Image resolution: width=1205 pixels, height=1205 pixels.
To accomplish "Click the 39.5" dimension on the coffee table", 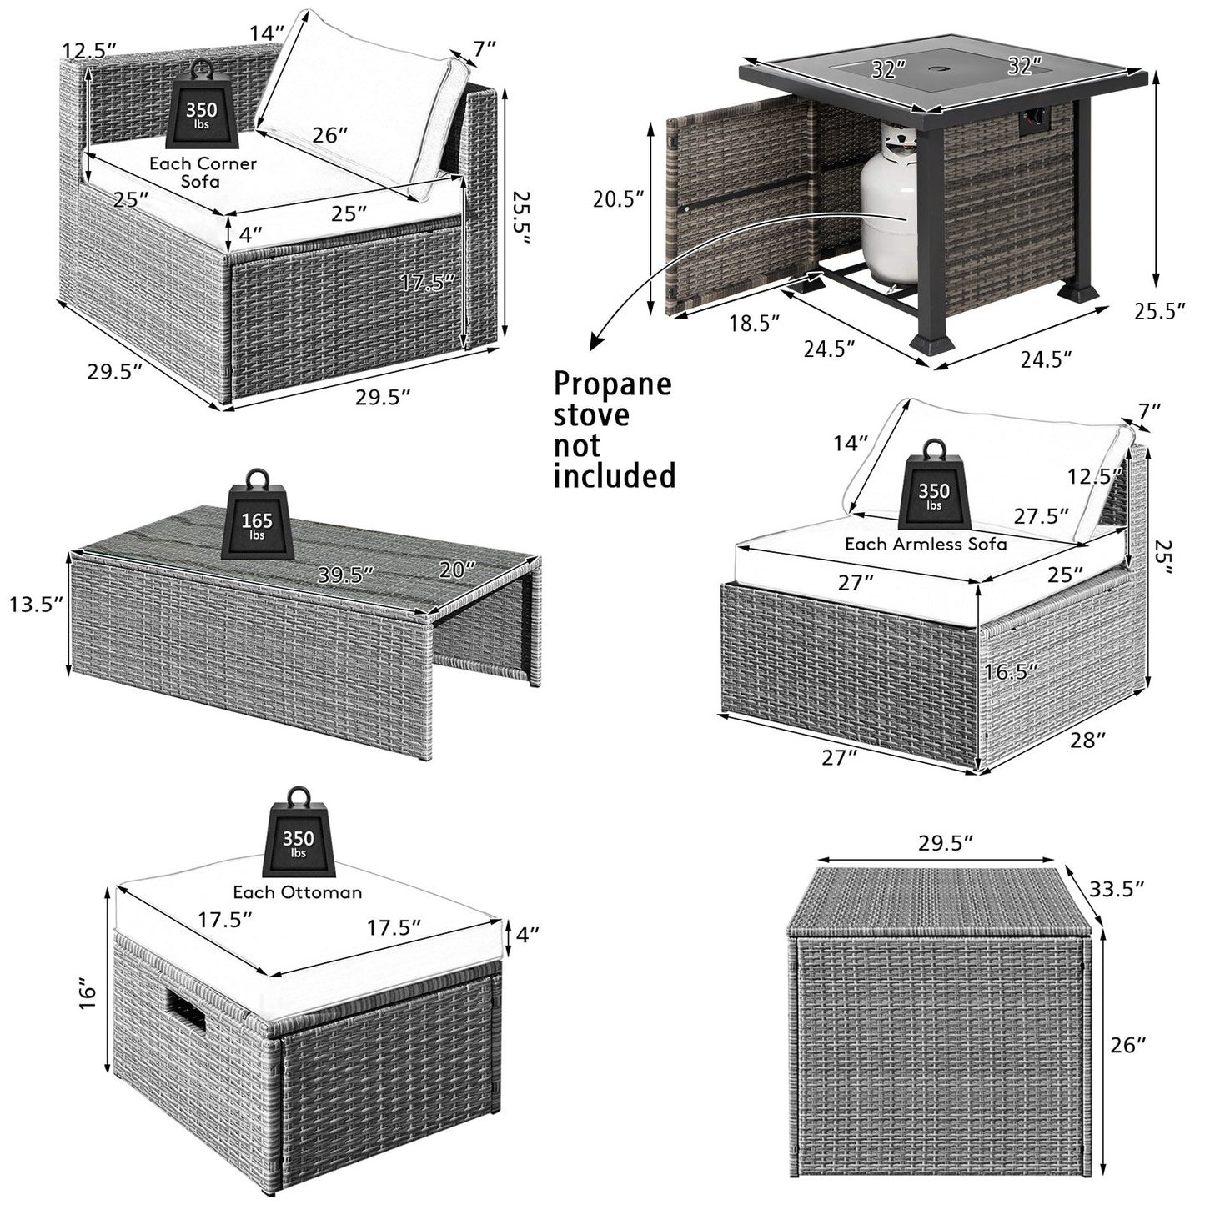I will [x=344, y=575].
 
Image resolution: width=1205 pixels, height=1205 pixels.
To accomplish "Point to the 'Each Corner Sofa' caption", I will [x=203, y=172].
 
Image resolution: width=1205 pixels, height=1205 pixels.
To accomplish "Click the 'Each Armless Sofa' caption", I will [x=925, y=544].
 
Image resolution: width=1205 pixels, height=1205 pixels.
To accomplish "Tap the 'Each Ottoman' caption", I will [x=297, y=892].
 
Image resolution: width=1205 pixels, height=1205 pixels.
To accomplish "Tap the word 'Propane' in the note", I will [x=613, y=384].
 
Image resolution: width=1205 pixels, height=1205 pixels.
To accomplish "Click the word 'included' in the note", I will [x=615, y=476].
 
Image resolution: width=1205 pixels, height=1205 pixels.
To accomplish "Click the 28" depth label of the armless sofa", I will [x=1088, y=740].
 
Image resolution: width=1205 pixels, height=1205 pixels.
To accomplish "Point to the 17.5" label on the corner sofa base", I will [x=429, y=282].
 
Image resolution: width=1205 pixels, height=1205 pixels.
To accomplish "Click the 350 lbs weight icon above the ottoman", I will [x=298, y=831].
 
